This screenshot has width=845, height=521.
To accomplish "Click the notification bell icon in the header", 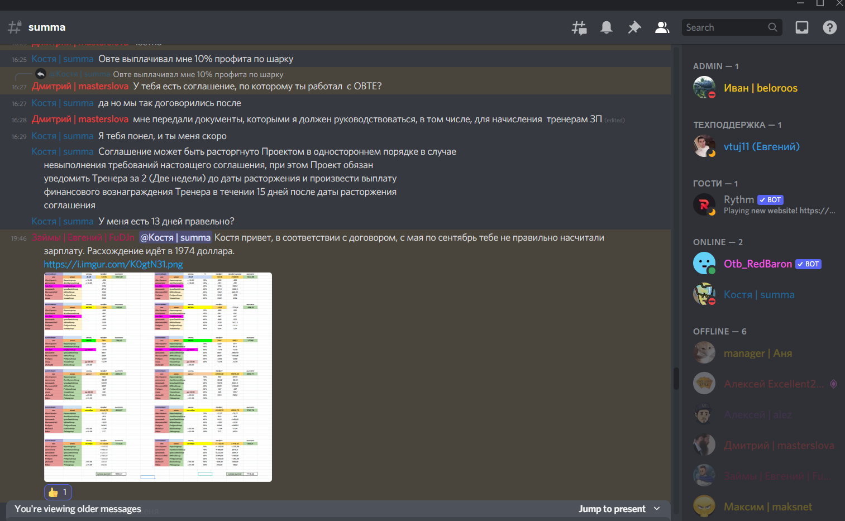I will (x=607, y=27).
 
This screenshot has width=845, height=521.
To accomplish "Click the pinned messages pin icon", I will (x=634, y=27).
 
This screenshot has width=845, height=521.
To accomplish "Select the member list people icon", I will (x=662, y=27).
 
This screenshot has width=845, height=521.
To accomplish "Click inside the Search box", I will (x=725, y=27).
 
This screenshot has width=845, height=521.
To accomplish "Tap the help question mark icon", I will (x=830, y=27).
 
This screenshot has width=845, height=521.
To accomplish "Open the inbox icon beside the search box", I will (x=802, y=27).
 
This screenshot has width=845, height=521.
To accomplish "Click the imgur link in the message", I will (x=113, y=264).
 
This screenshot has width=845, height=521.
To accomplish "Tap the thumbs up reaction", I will (x=58, y=492).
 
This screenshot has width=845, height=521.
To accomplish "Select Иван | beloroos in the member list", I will (x=760, y=88).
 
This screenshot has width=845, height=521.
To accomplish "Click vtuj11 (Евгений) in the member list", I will (x=761, y=147).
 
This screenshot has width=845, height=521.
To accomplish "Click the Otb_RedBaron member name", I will (x=757, y=264).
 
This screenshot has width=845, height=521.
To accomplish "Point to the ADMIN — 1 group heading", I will (x=715, y=66).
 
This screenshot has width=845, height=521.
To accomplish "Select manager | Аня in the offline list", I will (x=757, y=353).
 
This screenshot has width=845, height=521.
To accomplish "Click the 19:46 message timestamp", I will (x=19, y=238).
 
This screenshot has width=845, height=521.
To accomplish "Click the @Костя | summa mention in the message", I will (x=175, y=238).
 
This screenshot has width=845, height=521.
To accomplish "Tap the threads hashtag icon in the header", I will (x=579, y=27).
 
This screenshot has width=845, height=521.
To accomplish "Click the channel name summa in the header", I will (x=47, y=27).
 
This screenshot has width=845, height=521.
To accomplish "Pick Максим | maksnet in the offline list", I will (x=767, y=507).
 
